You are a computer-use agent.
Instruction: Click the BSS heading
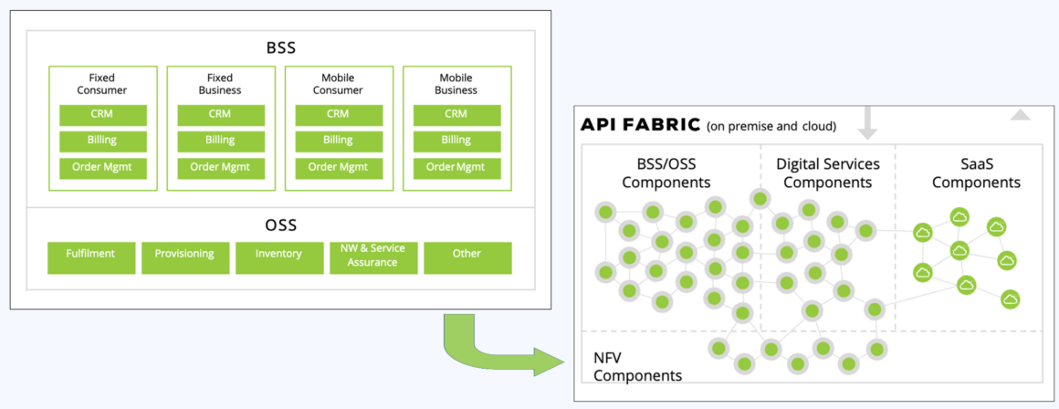(279, 47)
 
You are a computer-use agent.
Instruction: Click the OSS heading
(279, 225)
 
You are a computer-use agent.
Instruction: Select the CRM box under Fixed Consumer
(102, 114)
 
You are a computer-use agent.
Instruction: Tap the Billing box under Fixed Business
(220, 141)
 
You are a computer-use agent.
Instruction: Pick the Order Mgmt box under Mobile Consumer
(338, 168)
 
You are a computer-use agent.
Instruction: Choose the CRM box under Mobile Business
(456, 114)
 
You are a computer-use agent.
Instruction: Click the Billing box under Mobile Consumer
(338, 141)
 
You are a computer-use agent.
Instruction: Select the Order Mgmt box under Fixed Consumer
(102, 168)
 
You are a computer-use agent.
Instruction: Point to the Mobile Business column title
(456, 84)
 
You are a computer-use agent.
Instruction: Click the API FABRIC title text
(640, 124)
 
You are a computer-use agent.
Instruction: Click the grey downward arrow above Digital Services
(867, 122)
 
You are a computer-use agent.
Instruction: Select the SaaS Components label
(976, 173)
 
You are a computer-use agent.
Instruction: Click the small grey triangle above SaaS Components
(1020, 115)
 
